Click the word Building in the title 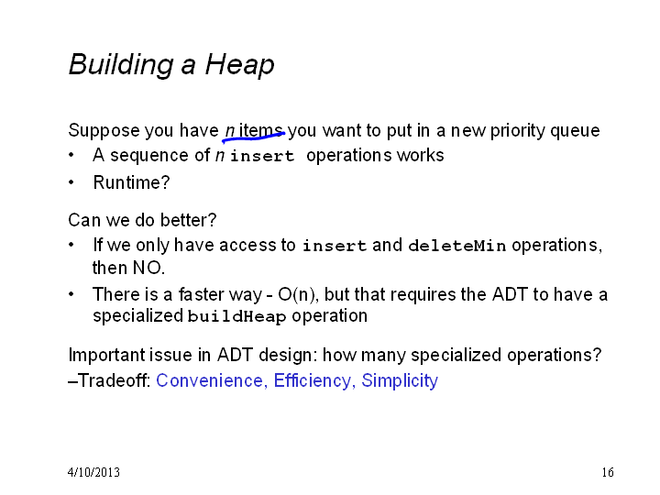121,65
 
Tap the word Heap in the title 239,65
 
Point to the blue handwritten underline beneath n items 253,136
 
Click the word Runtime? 131,182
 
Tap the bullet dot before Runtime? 71,182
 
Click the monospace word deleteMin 457,246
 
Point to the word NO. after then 148,268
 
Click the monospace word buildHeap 236,316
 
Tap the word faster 201,294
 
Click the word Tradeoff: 114,380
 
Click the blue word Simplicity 400,381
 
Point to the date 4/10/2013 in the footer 93,472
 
